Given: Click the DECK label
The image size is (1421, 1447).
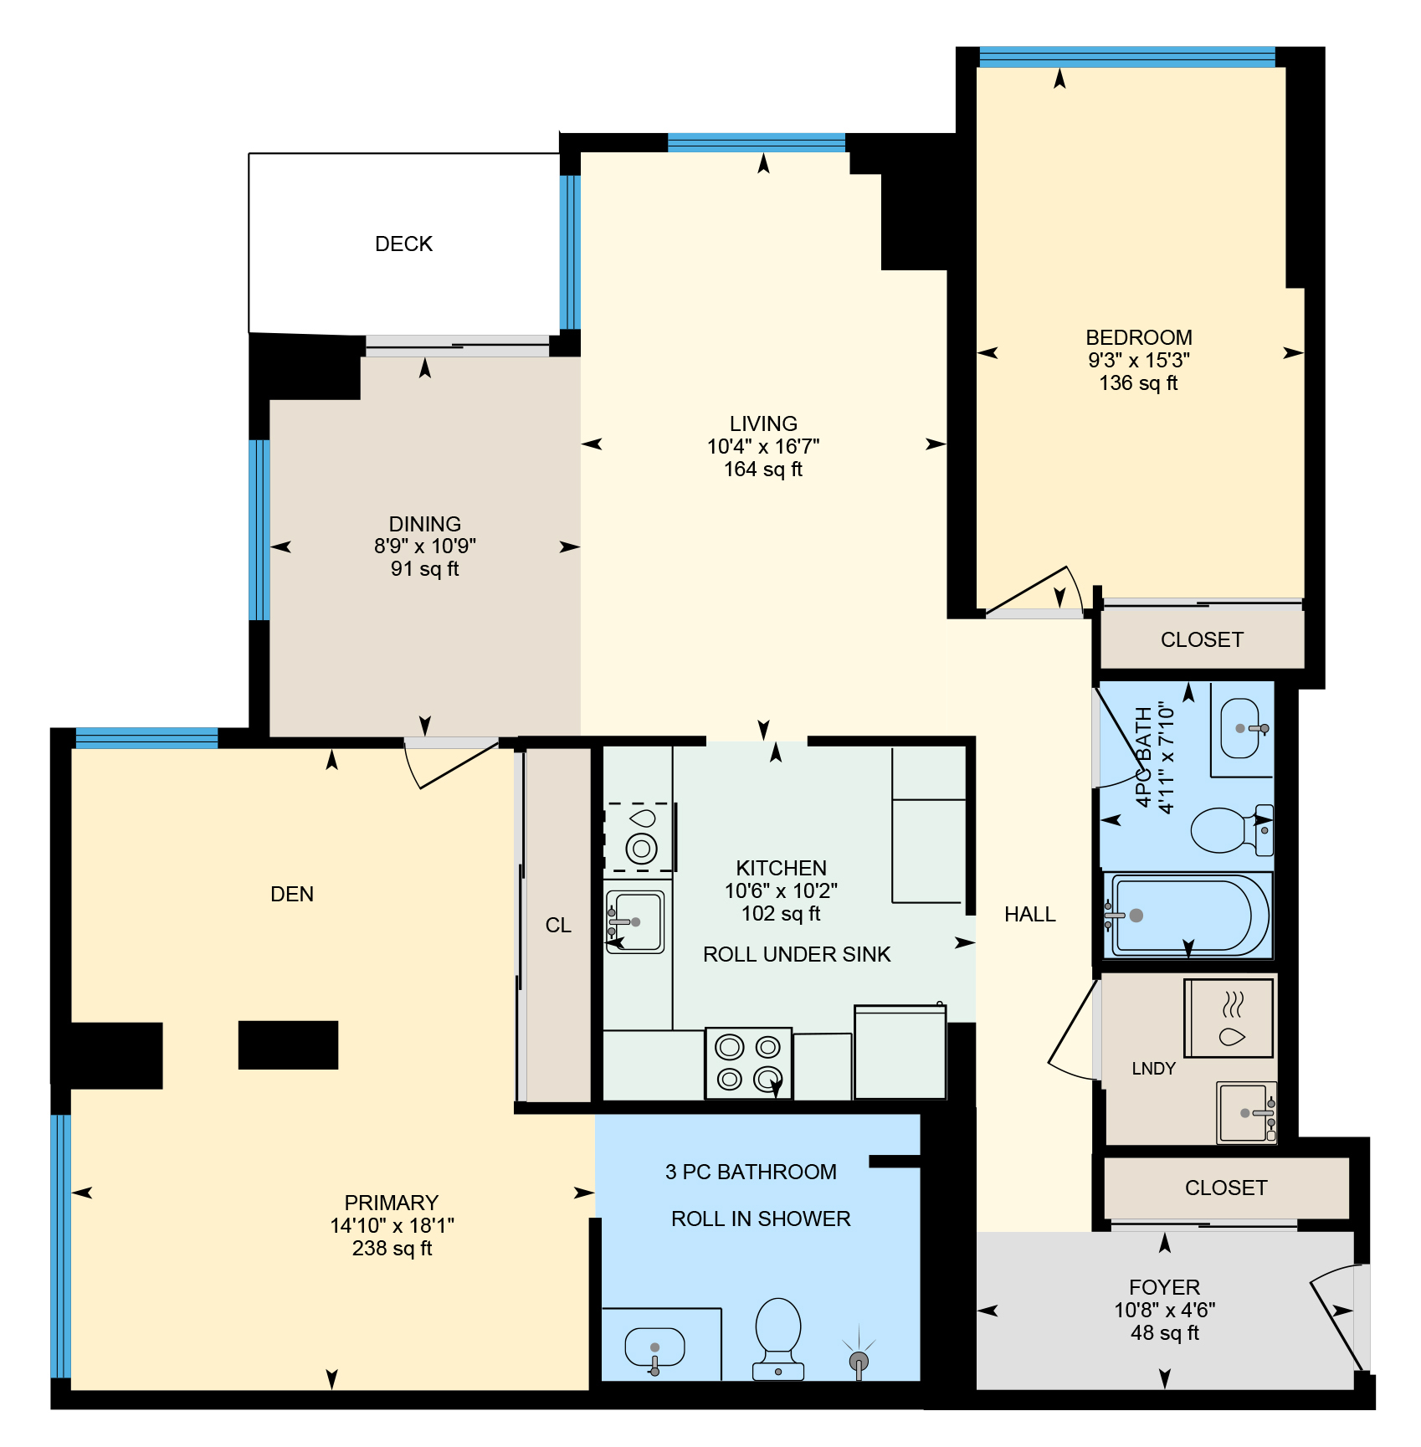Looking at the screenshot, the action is (x=403, y=244).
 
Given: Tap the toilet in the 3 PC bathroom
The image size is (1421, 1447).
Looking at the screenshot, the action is (x=778, y=1338).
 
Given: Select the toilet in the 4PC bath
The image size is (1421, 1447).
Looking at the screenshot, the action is (x=1231, y=829).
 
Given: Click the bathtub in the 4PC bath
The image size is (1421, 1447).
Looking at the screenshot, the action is (x=1188, y=915).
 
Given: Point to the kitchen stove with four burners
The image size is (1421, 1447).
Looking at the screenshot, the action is (x=748, y=1063).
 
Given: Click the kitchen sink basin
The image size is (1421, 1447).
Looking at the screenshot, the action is (x=636, y=921).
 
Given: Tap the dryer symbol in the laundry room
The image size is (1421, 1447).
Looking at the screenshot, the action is (x=1229, y=1019).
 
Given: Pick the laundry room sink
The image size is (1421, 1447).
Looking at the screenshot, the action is (x=1247, y=1112).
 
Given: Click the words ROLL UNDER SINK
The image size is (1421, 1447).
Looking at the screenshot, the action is (x=797, y=954).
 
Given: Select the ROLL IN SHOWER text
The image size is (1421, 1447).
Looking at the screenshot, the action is (x=761, y=1219).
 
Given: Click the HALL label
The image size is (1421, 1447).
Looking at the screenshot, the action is (x=1029, y=915).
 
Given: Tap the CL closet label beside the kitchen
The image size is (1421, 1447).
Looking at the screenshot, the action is (x=558, y=925).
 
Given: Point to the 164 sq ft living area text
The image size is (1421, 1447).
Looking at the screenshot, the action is (x=763, y=470).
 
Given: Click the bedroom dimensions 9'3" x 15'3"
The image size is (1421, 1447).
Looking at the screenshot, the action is (x=1139, y=360).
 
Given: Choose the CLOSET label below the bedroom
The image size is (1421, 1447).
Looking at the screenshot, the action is (x=1202, y=639).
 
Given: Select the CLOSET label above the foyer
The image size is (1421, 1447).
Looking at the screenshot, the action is (x=1226, y=1188).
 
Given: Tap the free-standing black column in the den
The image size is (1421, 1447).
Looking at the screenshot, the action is (x=288, y=1044).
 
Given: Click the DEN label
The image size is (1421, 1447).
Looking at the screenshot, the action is (x=292, y=894).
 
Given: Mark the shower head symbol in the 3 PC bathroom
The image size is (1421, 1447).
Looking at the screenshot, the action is (x=859, y=1357).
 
